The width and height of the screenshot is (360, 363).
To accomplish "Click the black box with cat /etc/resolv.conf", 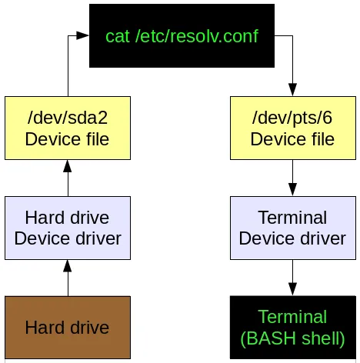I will (x=182, y=35).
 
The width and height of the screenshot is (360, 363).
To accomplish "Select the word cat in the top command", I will (x=117, y=37).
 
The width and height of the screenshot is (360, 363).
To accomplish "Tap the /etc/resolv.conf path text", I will (x=195, y=37).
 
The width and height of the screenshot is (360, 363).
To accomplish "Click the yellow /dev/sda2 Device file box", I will (x=68, y=128).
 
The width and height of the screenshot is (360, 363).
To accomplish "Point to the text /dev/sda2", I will (x=68, y=118).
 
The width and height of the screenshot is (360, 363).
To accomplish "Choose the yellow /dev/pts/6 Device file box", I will (x=292, y=128).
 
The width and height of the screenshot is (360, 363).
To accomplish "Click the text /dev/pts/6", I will (x=292, y=118).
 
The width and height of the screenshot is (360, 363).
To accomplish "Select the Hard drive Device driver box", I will (x=68, y=228).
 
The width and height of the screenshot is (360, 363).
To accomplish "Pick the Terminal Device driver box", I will (x=292, y=228).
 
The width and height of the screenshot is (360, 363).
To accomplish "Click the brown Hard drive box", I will (x=68, y=328).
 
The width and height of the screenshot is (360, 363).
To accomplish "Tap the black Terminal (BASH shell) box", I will (x=292, y=328).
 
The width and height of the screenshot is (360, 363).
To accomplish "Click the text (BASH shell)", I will (x=292, y=338).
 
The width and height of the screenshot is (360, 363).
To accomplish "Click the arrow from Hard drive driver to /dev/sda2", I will (x=68, y=178).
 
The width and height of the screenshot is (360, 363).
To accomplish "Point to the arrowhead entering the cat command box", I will (x=84, y=35).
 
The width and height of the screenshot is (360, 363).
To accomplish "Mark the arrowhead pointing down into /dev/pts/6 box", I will (x=292, y=90).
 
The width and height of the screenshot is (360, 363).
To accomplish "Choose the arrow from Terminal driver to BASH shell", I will (x=292, y=277).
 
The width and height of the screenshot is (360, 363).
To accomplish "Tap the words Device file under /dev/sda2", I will (x=68, y=139).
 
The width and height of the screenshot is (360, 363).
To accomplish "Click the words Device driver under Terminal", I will (x=292, y=238).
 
